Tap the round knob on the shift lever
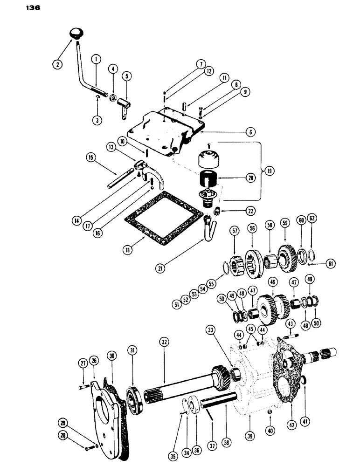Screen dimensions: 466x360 [75, 33]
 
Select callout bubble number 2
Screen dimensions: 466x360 [57, 64]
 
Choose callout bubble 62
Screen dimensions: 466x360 [312, 230]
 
